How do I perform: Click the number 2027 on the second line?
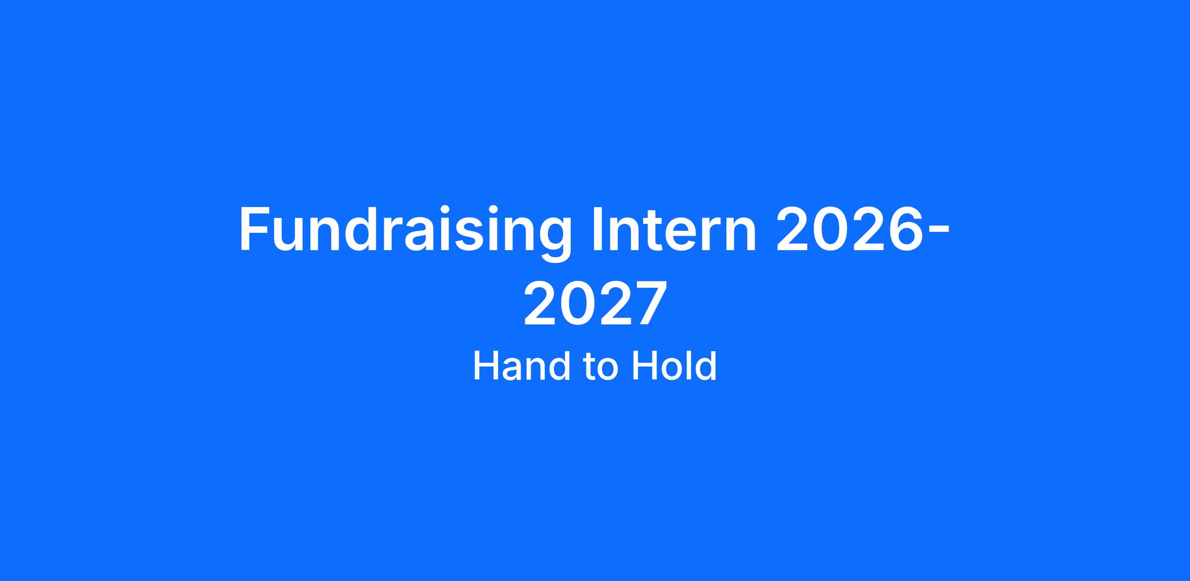(594, 303)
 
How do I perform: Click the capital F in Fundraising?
(255, 229)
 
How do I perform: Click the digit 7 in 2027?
(649, 303)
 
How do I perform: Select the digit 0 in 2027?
(577, 303)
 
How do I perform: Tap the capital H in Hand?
(486, 366)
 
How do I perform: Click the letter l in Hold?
(688, 366)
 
